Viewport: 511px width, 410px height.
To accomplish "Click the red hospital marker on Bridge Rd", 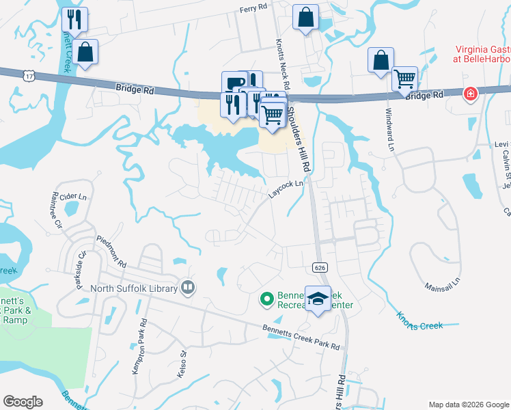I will tap(470, 94).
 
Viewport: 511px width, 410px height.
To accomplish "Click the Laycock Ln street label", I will tap(286, 189).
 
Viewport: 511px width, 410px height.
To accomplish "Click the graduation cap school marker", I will tap(318, 299).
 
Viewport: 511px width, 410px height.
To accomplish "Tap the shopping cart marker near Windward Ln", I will tap(404, 79).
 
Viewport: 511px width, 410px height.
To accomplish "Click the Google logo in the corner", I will tap(23, 402).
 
